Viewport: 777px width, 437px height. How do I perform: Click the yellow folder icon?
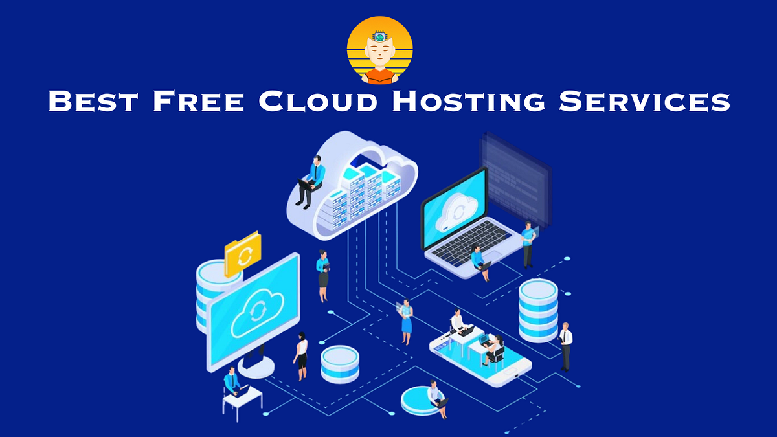[243, 254]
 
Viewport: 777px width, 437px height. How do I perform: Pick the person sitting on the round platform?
[435, 394]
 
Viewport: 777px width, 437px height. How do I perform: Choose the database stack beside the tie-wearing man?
[537, 309]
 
